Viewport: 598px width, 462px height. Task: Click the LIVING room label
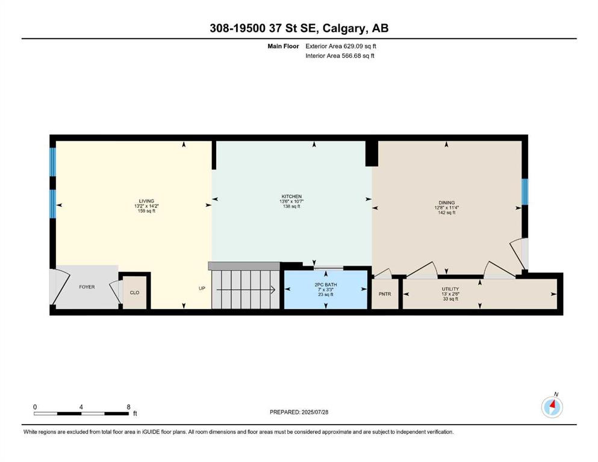coord(146,201)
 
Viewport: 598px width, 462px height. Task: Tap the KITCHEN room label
coord(291,196)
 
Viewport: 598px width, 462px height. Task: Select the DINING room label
coord(447,203)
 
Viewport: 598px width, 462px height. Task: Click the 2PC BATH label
coord(326,285)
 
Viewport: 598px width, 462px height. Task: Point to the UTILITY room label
coord(450,289)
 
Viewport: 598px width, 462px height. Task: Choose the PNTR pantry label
coord(385,294)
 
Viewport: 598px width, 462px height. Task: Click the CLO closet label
coord(135,292)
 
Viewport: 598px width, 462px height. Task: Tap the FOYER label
coord(87,287)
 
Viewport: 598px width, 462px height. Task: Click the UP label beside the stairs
coord(202,288)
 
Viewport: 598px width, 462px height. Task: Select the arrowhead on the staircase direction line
coord(273,290)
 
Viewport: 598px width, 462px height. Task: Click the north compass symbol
coord(552,407)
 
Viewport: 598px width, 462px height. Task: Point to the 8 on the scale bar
coord(128,407)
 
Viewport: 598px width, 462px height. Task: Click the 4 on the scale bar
coord(81,407)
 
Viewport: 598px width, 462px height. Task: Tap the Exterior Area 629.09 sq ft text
coord(341,46)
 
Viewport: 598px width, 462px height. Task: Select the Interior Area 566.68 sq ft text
coord(340,55)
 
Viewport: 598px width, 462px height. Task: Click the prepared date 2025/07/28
coord(314,412)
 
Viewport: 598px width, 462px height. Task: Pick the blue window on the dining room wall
coord(525,191)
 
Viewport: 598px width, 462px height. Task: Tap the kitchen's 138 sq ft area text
coord(291,206)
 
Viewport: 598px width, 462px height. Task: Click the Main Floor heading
coord(283,46)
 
